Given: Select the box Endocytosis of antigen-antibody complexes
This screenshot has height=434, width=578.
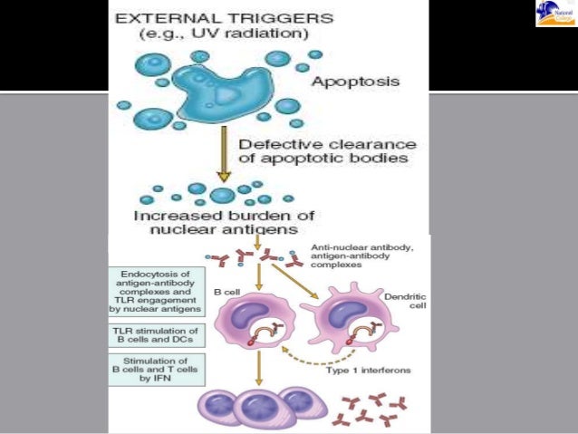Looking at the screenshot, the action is click(156, 291).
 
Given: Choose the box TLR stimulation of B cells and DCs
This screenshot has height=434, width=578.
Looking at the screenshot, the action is click(156, 334).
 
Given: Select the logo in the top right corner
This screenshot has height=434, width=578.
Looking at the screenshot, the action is click(554, 14).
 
